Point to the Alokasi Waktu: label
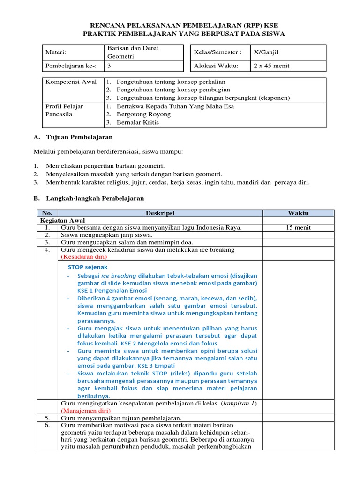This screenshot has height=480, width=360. coord(216,66)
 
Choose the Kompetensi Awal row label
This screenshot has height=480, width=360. coord(71,82)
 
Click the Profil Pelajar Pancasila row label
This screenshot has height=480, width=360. coord(64,110)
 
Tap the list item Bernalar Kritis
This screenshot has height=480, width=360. coord(138,122)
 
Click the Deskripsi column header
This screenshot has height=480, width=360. coord(160,213)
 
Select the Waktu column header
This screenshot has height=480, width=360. coord(298,213)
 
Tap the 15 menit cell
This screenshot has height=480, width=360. coord(298,228)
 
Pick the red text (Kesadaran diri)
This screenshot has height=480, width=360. coord(84,257)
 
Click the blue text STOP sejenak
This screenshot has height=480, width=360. coord(88,267)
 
